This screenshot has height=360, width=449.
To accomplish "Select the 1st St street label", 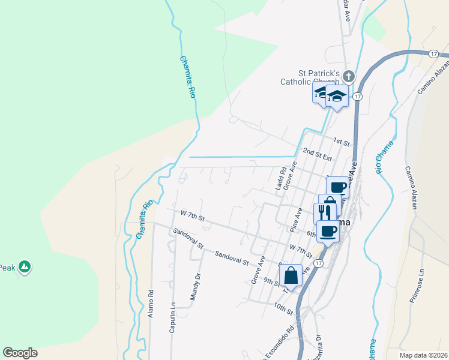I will point(342,142).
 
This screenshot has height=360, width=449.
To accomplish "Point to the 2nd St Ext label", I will point(318,154).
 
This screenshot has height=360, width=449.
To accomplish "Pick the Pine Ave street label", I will point(295,220).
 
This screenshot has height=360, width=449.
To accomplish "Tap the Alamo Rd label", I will point(151,304).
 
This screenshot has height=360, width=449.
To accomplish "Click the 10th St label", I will point(283,308).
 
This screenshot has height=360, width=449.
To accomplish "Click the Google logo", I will point(20,353).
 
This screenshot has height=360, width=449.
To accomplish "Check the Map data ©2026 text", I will point(423,355).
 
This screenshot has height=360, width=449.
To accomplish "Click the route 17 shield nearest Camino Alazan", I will point(433,54).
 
